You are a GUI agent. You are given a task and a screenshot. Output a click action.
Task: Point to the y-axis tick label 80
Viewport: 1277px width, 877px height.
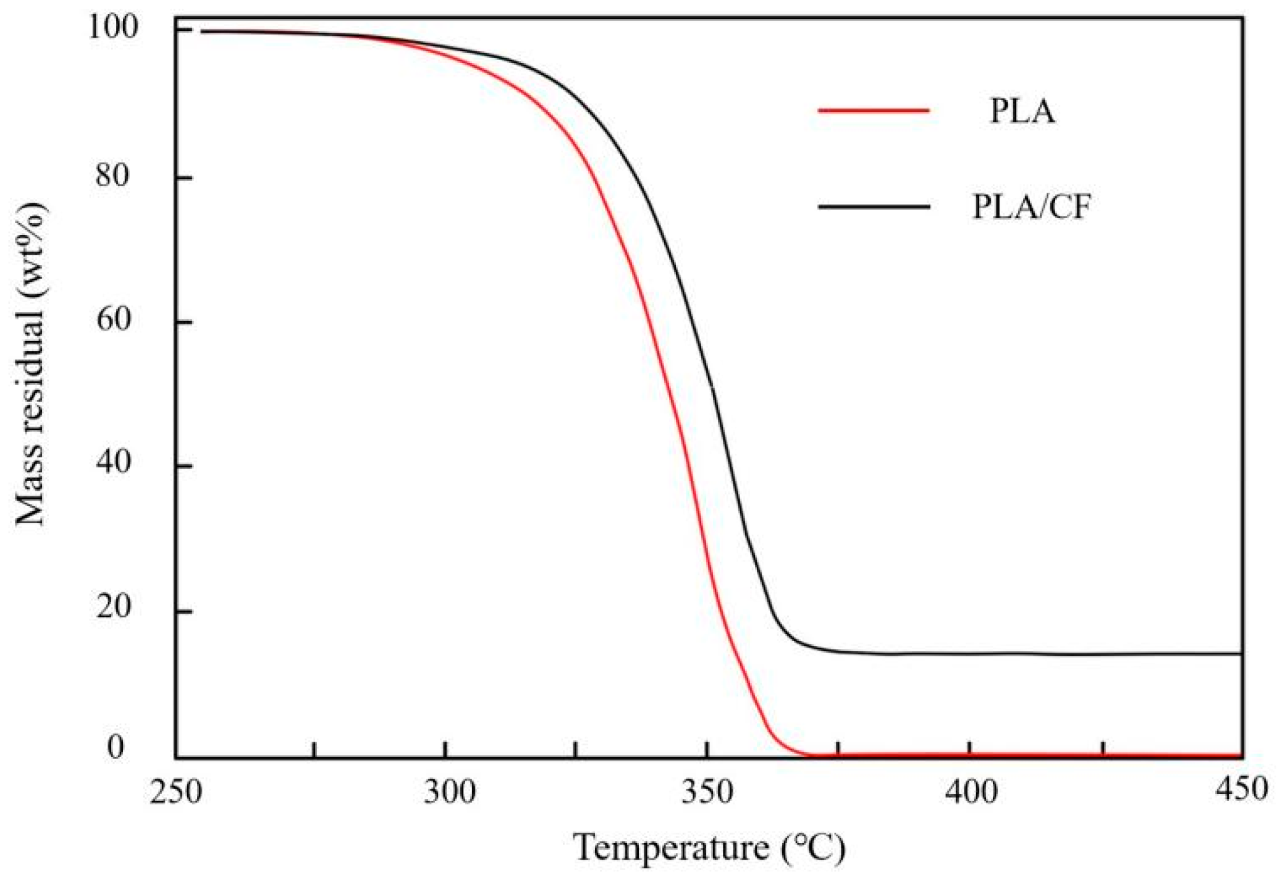coord(113,176)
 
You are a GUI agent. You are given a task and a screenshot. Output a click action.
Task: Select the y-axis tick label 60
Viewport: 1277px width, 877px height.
coord(113,320)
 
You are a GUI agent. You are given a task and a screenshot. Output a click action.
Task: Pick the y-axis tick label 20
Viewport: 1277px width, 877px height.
coord(113,608)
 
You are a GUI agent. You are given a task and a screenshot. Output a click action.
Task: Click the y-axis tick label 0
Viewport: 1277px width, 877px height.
coord(116,748)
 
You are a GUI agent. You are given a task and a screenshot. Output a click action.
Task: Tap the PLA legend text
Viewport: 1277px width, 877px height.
coord(1022,112)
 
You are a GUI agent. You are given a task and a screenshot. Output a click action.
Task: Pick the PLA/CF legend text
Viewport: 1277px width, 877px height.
coord(1031,207)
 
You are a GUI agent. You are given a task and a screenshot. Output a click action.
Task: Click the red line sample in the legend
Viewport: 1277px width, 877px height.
coord(874,111)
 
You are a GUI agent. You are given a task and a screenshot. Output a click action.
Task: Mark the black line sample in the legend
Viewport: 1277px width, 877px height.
coord(874,206)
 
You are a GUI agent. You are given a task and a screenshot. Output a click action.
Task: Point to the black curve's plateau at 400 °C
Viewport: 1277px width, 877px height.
coord(971,653)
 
